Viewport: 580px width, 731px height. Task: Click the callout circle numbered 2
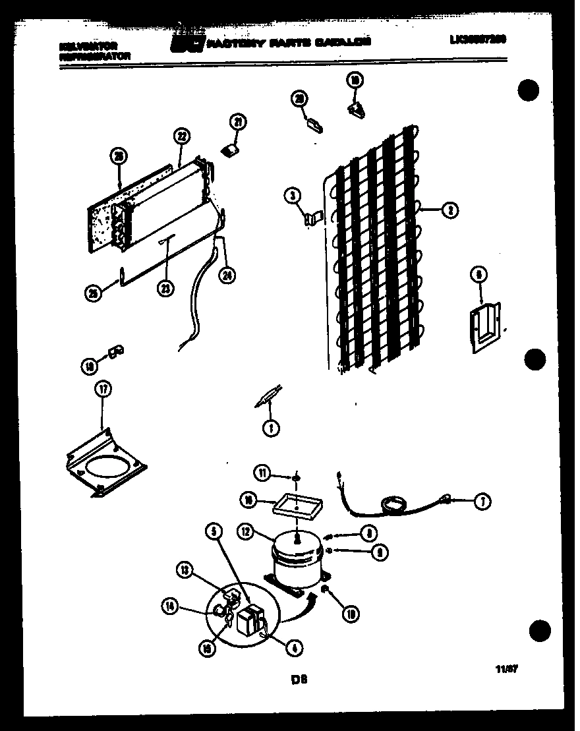tap(449, 210)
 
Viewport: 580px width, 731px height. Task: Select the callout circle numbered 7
tap(482, 502)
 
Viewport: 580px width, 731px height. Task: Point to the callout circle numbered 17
tap(101, 390)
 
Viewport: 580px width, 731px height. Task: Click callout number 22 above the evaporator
tap(181, 136)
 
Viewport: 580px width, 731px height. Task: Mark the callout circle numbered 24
tap(229, 274)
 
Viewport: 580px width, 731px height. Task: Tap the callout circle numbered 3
tap(292, 194)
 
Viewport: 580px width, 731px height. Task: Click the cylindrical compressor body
tap(297, 558)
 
